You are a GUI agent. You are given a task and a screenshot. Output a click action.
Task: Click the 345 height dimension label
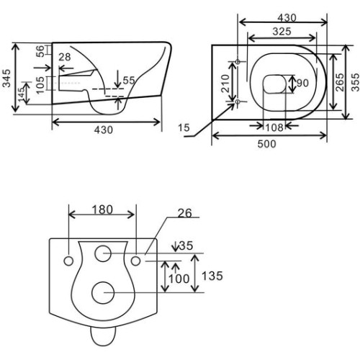tap(6, 78)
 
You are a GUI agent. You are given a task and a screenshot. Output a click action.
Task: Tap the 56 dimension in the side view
tap(40, 51)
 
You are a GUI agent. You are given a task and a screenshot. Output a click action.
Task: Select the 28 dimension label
tap(65, 57)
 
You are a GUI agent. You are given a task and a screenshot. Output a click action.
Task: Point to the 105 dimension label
tap(40, 85)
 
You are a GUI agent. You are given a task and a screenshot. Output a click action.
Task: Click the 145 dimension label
tap(22, 94)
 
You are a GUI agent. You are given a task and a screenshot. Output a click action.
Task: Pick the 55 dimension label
tap(129, 81)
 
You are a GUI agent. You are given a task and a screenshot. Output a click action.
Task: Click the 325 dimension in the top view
tap(282, 32)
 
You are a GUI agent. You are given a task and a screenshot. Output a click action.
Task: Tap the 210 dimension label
tap(225, 84)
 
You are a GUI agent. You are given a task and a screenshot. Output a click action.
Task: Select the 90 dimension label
tap(302, 83)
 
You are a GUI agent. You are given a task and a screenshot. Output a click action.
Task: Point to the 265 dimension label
tap(340, 82)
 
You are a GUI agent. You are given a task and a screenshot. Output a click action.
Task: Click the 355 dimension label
tap(356, 82)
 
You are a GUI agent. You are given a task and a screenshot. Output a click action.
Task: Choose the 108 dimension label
tap(274, 127)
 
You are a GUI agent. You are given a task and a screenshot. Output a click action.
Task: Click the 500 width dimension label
tap(266, 144)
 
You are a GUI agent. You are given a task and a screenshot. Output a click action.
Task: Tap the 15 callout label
tap(184, 127)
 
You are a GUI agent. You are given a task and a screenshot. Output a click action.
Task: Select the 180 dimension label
tap(102, 210)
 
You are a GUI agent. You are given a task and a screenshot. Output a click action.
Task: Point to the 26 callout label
tap(185, 213)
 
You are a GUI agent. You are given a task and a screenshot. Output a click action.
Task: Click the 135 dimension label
tap(212, 276)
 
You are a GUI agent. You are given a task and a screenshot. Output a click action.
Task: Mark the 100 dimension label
tap(179, 279)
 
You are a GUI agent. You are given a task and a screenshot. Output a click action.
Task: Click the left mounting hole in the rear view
tap(68, 261)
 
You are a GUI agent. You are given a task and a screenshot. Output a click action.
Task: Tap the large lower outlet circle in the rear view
tap(103, 292)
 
